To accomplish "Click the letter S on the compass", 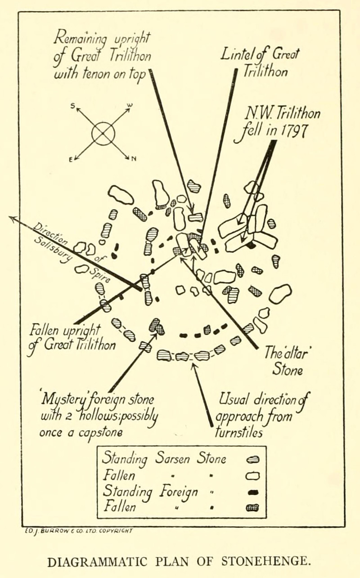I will [72, 106].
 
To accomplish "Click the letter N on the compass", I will [134, 158].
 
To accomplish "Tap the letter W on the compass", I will [130, 106].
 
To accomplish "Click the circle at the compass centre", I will [103, 133].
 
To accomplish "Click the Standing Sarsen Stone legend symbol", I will [253, 459].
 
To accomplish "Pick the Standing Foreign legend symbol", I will [253, 492].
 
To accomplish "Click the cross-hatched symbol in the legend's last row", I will [253, 508].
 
